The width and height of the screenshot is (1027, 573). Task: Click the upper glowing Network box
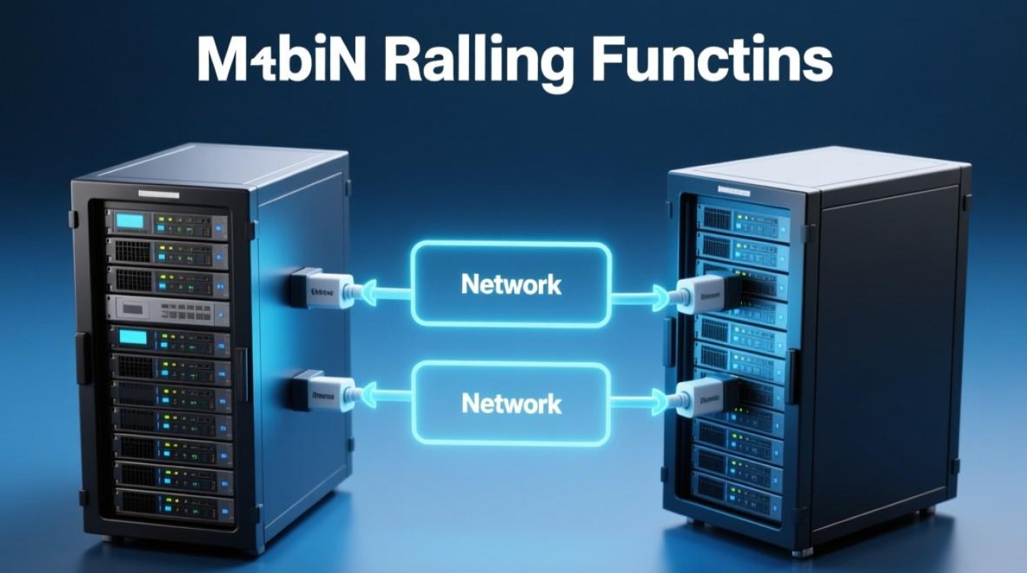click(511, 283)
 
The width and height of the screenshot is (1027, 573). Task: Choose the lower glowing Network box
click(511, 403)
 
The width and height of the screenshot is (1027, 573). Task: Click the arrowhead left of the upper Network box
click(368, 290)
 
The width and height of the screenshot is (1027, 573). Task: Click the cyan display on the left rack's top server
click(130, 222)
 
